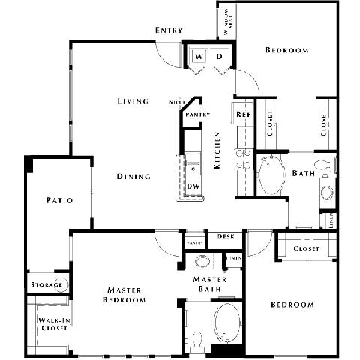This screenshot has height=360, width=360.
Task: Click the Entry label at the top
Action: coord(169,30)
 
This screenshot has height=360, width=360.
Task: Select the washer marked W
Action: coord(199,57)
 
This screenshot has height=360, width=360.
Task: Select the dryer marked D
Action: coord(220,57)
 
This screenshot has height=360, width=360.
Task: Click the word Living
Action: coord(133,101)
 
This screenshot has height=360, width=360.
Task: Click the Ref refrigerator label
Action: coord(243,114)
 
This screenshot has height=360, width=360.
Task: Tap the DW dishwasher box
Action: coord(193,187)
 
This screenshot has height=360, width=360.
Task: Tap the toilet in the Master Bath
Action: coord(196,341)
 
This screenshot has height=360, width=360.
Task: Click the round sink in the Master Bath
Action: coord(201,262)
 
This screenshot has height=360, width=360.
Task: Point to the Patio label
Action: coord(58,200)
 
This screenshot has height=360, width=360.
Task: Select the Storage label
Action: coord(44,285)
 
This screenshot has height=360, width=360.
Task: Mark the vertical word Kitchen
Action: coord(217,150)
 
